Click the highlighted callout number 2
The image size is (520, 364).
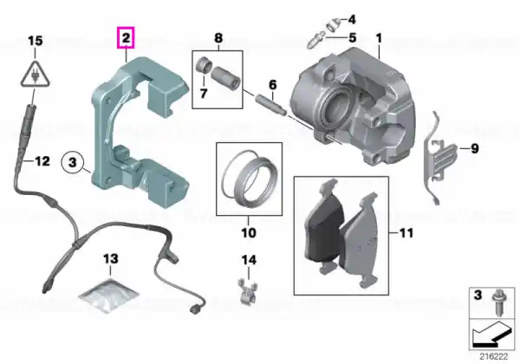coord(126,38)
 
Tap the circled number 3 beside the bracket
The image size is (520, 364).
coord(73,162)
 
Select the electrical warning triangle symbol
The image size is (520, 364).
coord(35,75)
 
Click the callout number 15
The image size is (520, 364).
coord(36,41)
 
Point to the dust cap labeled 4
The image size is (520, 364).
coord(332,24)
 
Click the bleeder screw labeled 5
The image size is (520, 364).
coord(316,39)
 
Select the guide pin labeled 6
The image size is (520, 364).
coord(270,105)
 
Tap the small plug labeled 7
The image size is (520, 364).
coord(204,64)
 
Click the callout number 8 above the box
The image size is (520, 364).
coord(218,38)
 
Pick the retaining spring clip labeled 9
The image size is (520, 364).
coord(439,159)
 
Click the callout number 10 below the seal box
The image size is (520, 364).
coord(249,232)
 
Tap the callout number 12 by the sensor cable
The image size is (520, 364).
coord(42,161)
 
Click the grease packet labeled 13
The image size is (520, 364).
coord(108,296)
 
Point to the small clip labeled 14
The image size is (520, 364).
coord(248,292)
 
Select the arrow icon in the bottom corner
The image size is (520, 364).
coord(493,333)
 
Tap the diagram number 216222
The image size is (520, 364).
coord(493,357)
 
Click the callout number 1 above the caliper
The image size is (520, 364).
coord(379,38)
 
